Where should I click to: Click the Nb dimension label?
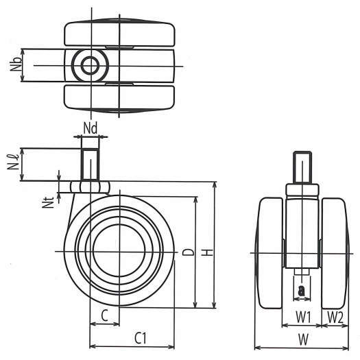(16, 64)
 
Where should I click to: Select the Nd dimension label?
(91, 128)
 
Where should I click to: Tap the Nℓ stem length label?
(13, 162)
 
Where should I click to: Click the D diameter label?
(188, 252)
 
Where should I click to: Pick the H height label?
(208, 252)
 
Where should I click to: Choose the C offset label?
(104, 315)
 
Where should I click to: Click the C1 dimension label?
(141, 338)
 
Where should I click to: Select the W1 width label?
(303, 317)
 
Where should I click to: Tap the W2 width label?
(335, 317)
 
